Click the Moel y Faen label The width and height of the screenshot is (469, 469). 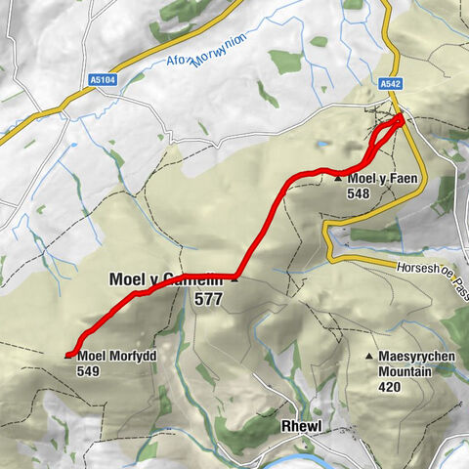pos(376,179)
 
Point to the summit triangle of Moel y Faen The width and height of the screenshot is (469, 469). pos(338,179)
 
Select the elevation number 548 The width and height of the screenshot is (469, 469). pos(358,193)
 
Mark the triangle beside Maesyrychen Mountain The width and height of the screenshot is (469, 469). pos(368,358)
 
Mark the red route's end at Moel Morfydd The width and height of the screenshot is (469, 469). pos(68,355)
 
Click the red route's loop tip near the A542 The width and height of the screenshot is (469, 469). pos(401,118)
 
